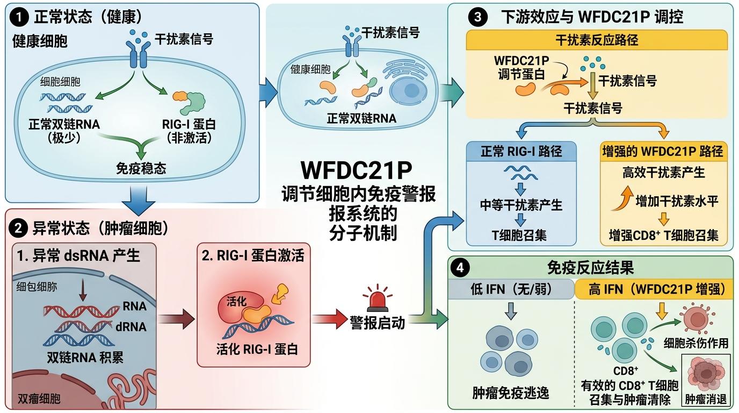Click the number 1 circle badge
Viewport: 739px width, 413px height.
20,17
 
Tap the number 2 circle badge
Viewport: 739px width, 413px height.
20,229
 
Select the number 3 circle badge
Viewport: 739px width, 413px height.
475,17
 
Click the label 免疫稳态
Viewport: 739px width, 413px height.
141,168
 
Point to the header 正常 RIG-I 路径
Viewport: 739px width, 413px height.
521,151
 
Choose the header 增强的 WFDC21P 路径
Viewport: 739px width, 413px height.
664,151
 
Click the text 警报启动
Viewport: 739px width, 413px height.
377,323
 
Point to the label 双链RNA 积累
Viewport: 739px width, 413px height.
78,358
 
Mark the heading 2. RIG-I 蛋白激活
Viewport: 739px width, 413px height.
253,255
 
